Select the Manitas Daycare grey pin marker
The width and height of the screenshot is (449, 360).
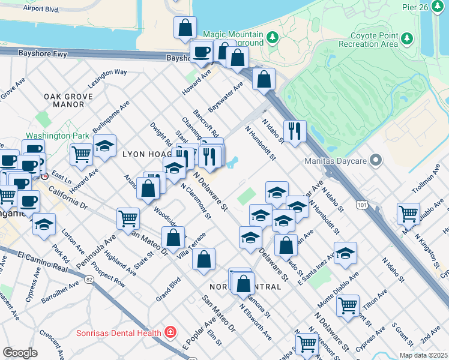[376, 160]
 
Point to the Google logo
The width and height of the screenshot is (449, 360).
[20, 352]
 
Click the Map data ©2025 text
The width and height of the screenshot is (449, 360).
[423, 355]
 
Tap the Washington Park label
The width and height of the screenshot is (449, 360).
[56, 136]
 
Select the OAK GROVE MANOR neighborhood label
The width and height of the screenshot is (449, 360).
[68, 100]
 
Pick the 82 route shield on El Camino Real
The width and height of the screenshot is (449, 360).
[89, 279]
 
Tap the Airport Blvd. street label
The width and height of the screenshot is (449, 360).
[41, 10]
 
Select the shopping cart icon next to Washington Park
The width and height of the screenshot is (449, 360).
[81, 153]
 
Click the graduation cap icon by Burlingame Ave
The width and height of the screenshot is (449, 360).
[104, 146]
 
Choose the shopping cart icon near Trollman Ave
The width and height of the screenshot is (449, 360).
[408, 212]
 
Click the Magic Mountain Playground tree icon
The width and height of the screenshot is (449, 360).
[273, 38]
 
